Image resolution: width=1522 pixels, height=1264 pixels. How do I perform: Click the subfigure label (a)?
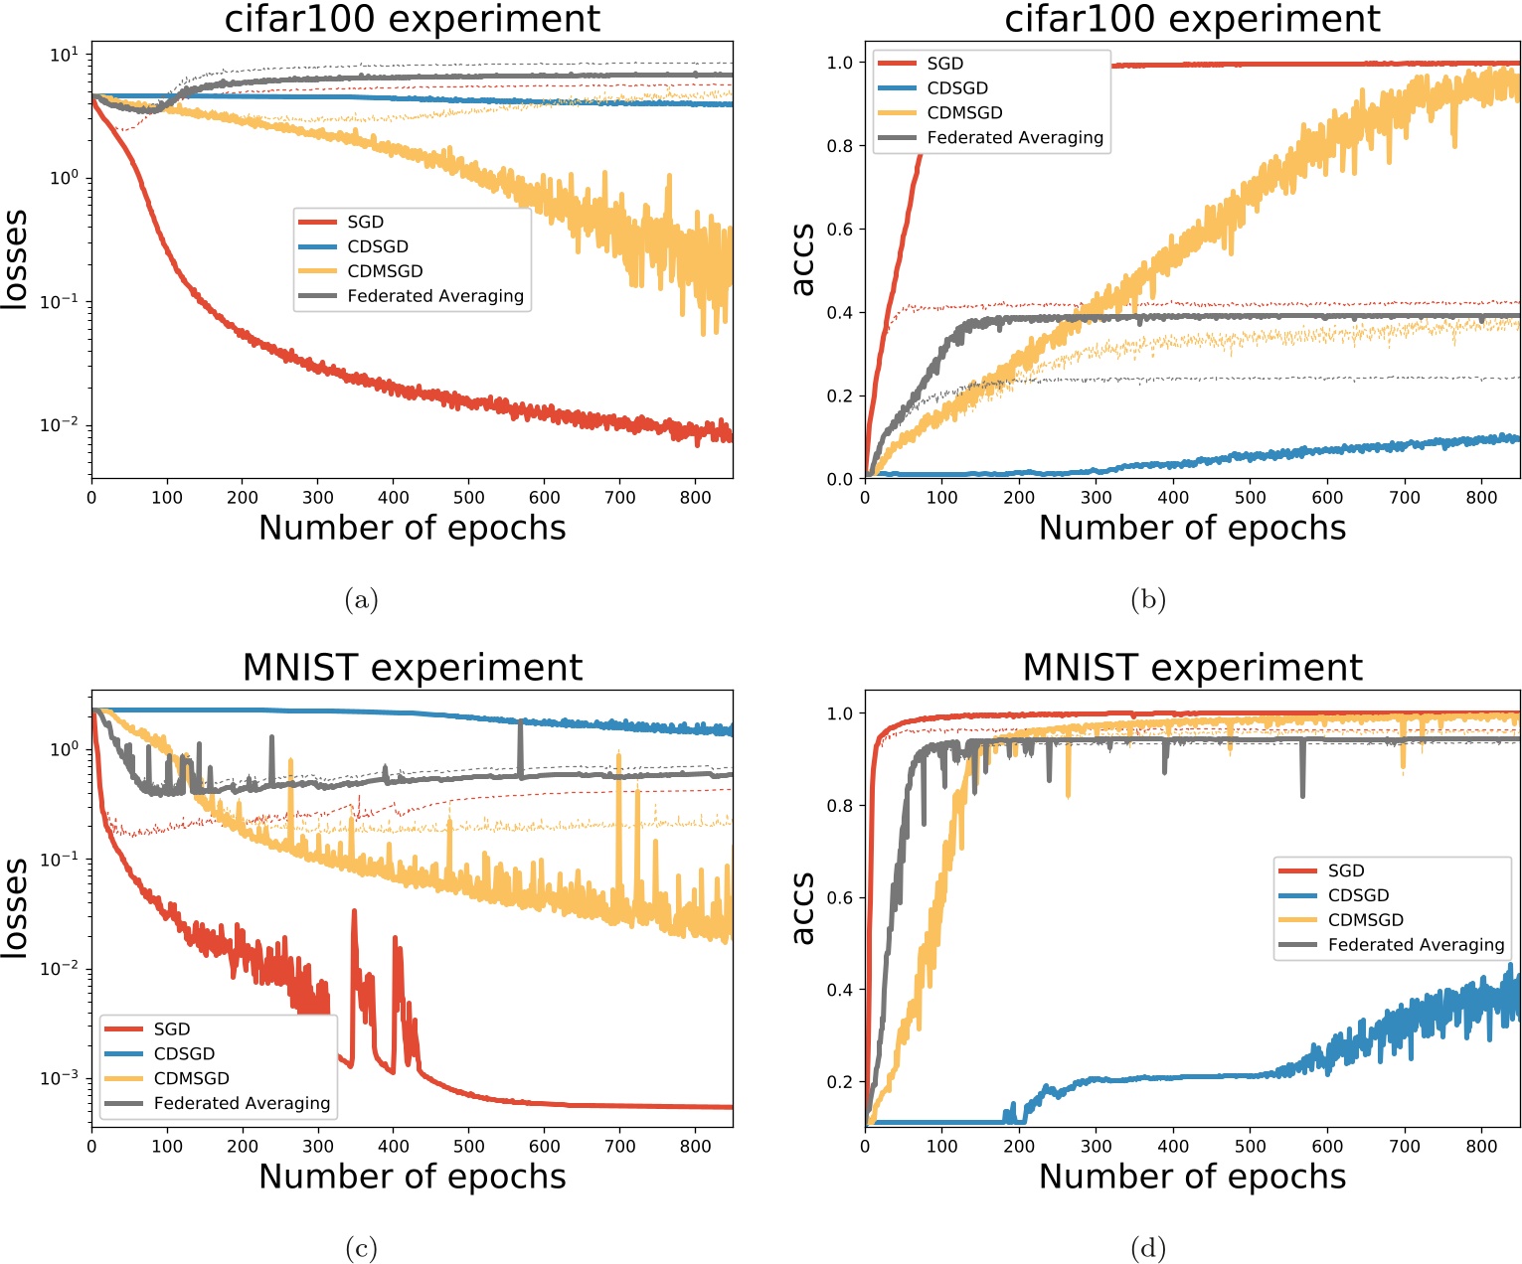point(361,599)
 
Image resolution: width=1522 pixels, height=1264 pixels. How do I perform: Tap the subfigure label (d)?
point(1148,1248)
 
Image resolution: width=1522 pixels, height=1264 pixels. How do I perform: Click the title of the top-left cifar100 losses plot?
point(412,19)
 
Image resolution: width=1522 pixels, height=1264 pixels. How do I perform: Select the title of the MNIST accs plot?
point(1192,668)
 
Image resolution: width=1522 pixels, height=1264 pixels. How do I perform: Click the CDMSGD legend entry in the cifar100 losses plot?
point(385,271)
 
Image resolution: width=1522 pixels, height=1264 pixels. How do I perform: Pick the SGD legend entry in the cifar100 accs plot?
point(944,64)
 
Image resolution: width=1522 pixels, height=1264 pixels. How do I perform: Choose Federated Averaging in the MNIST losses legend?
point(242,1103)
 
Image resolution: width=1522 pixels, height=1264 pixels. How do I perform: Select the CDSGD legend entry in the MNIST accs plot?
point(1358,895)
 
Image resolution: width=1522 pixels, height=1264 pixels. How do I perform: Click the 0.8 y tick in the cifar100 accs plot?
point(840,146)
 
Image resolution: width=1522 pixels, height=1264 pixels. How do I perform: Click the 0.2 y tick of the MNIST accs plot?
point(840,1082)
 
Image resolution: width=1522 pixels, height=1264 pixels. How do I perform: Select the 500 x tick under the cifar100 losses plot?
point(469,498)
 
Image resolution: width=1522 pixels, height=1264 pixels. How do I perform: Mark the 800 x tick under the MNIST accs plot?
point(1481,1146)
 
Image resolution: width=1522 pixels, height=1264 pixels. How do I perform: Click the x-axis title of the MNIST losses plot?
point(412,1177)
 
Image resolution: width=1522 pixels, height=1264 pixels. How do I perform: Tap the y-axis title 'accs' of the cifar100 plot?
point(802,260)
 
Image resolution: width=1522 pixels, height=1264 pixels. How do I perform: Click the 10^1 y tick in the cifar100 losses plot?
point(62,55)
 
